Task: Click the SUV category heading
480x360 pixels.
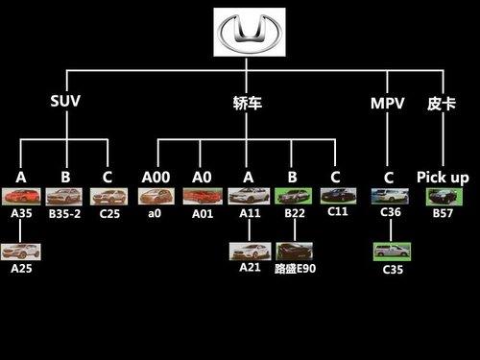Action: [x=64, y=102]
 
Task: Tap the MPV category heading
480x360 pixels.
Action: [x=388, y=102]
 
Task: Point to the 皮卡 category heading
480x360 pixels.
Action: [x=441, y=102]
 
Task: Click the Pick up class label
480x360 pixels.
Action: [x=443, y=178]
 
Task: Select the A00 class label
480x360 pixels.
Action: [x=156, y=178]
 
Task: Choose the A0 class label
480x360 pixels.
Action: [x=199, y=178]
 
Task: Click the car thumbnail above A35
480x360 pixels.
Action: [x=21, y=197]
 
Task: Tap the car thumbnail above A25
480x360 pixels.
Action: [x=21, y=253]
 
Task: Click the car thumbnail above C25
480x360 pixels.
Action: [x=107, y=197]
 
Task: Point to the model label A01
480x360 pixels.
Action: [x=201, y=214]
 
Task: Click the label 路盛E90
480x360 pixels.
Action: [x=295, y=269]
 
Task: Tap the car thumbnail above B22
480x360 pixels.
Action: [x=291, y=197]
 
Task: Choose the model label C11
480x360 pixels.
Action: [x=337, y=212]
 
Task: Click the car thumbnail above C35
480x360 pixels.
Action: [x=391, y=252]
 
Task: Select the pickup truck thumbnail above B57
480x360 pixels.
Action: [x=443, y=197]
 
